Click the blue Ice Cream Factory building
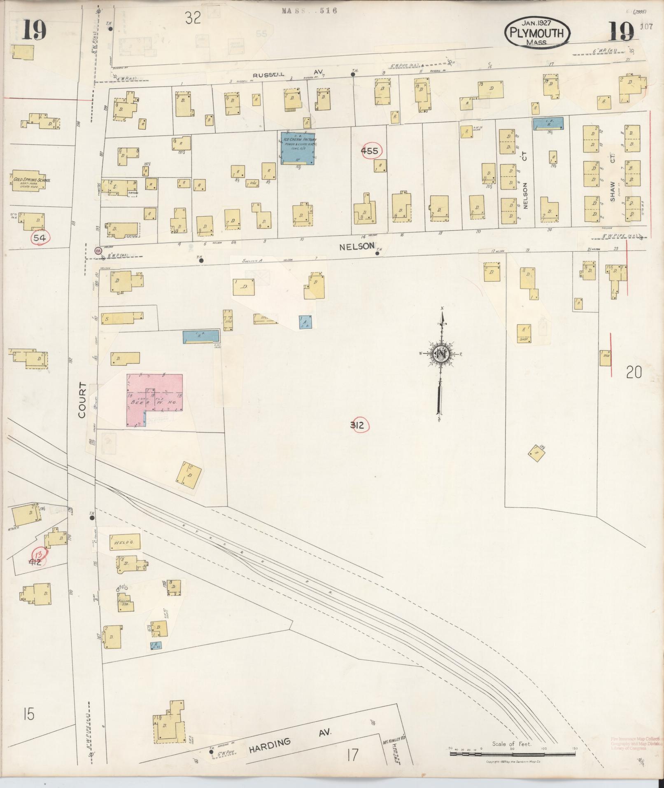(298, 148)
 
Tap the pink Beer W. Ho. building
(155, 400)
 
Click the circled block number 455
(369, 151)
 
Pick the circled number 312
(357, 425)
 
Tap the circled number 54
(40, 238)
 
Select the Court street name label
(82, 400)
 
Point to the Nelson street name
(357, 246)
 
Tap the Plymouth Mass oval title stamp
(537, 33)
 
